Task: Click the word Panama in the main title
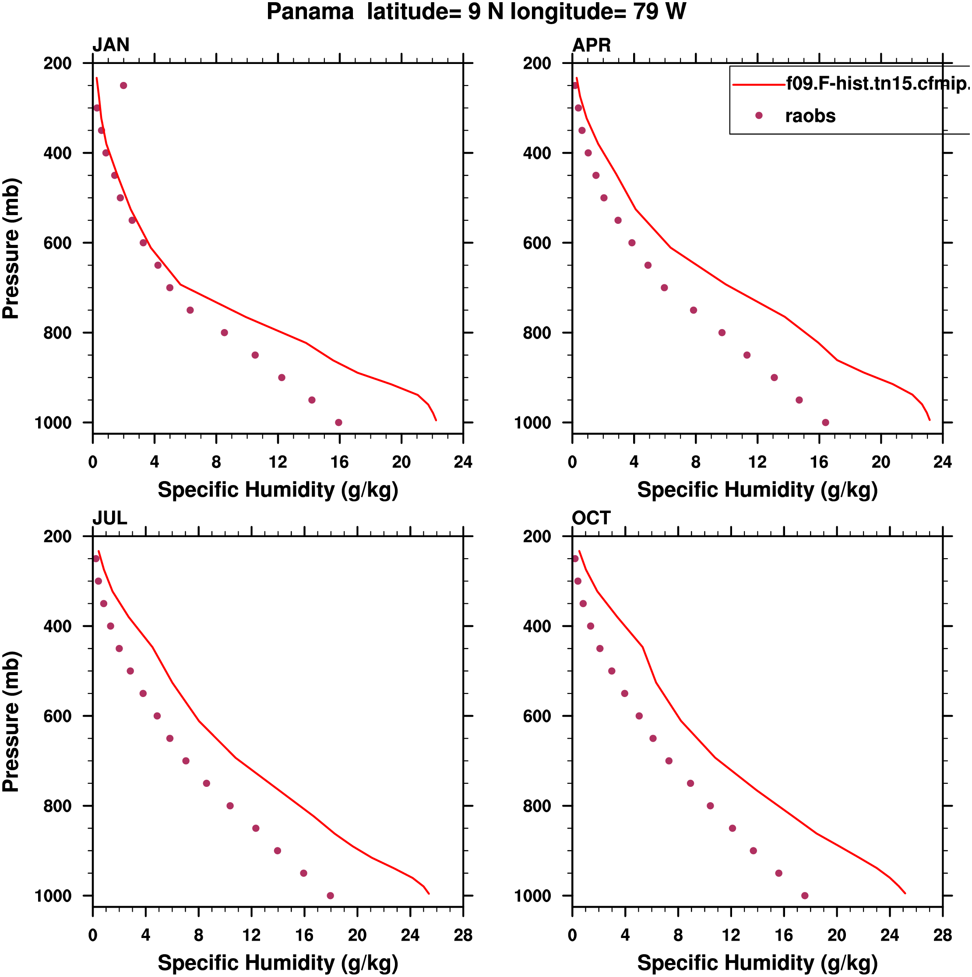click(310, 12)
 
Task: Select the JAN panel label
click(111, 45)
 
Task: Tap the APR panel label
click(592, 46)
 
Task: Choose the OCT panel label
click(592, 518)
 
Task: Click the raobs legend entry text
click(810, 116)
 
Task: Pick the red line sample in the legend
click(758, 85)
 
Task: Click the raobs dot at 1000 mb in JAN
click(338, 423)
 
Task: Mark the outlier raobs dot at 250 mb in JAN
click(123, 85)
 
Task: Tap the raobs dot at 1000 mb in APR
click(825, 423)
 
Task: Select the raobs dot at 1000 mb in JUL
click(330, 896)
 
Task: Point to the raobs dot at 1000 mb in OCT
click(805, 896)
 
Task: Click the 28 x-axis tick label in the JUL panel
click(463, 935)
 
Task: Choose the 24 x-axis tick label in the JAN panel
click(463, 462)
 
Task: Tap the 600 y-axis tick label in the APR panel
click(537, 243)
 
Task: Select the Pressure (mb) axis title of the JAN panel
click(11, 248)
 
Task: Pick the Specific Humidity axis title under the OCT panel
click(757, 963)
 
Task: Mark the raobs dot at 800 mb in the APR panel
click(722, 333)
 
